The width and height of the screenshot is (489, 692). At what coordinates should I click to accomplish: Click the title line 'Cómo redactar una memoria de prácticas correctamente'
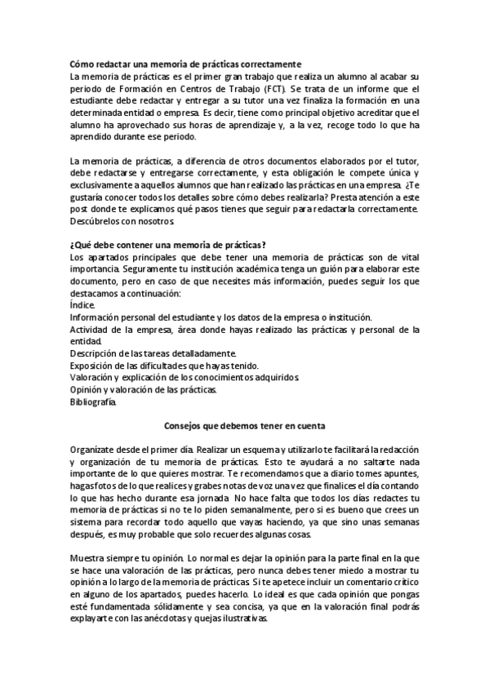pyautogui.click(x=186, y=64)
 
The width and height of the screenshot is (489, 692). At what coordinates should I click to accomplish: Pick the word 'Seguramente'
pyautogui.click(x=154, y=269)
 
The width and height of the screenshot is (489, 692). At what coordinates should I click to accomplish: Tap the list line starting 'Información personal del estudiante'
pyautogui.click(x=221, y=317)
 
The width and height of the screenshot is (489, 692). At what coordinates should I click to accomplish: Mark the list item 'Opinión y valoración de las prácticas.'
pyautogui.click(x=144, y=390)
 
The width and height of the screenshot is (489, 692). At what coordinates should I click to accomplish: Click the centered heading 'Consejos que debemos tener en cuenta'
pyautogui.click(x=245, y=426)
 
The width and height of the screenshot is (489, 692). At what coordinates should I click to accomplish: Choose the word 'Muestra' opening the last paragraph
pyautogui.click(x=89, y=558)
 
